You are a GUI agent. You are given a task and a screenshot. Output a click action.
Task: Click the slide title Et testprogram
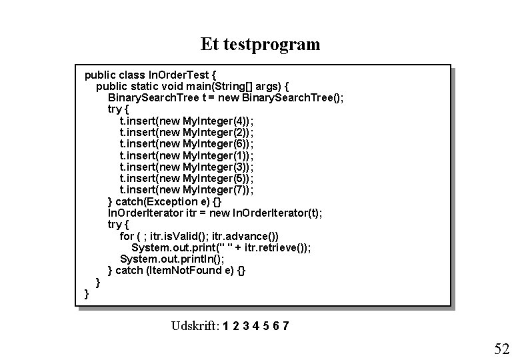click(260, 45)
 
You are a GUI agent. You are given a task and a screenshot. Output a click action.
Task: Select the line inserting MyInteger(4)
click(186, 120)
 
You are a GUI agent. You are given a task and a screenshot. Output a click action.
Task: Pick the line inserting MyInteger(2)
click(186, 131)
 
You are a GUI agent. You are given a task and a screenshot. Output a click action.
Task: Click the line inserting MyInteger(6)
click(186, 143)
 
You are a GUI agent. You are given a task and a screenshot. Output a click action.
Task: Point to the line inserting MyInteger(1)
click(186, 155)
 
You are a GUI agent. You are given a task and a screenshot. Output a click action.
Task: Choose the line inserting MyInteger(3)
click(186, 166)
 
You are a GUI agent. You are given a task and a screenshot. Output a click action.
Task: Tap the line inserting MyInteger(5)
click(186, 178)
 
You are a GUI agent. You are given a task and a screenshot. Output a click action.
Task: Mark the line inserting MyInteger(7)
click(186, 189)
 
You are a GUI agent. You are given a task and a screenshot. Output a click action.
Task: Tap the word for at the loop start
click(127, 236)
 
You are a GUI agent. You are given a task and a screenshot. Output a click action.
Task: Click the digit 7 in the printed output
click(285, 326)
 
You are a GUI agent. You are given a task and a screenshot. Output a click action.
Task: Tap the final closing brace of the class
click(87, 293)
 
